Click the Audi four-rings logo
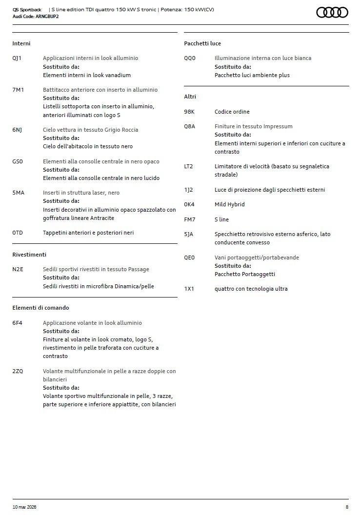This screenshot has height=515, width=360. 332,12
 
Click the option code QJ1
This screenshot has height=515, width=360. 17,58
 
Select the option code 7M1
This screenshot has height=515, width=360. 18,90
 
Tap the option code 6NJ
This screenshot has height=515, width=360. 17,130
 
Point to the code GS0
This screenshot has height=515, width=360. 18,161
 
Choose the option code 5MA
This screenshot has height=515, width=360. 18,193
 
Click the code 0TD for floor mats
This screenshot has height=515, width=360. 18,233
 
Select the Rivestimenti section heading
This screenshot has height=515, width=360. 29,255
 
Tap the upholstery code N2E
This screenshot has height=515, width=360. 18,269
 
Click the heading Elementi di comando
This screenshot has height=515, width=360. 40,308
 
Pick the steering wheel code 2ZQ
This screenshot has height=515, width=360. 18,371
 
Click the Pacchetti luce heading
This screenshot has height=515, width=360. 202,43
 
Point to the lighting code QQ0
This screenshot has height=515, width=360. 189,58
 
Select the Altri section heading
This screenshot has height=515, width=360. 190,97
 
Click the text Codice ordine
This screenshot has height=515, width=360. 232,112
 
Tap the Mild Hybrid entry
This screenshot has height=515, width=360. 229,204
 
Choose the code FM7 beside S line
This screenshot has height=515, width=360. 189,219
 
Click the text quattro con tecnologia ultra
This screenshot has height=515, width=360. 251,289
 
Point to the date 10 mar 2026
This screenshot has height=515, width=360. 24,507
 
